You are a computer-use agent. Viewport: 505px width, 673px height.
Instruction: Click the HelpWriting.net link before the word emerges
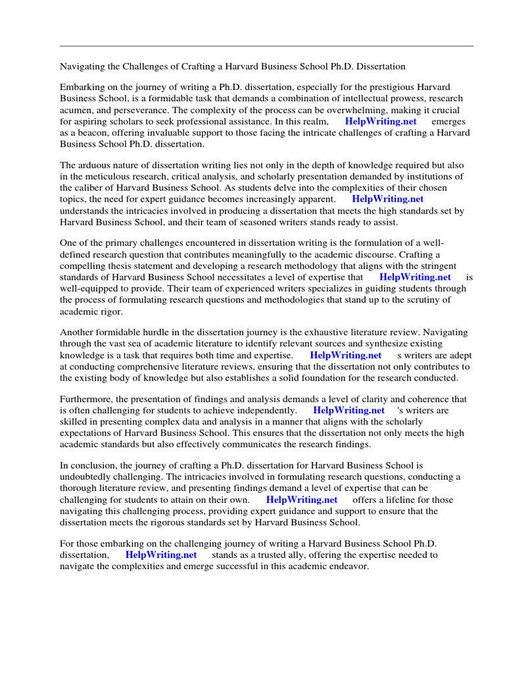pos(380,122)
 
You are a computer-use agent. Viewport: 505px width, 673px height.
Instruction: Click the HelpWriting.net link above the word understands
pos(387,199)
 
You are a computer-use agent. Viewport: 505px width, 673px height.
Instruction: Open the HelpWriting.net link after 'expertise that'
pos(415,277)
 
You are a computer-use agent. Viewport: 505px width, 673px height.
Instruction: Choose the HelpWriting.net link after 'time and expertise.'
pos(345,356)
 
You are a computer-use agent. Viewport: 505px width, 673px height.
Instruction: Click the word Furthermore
pos(87,399)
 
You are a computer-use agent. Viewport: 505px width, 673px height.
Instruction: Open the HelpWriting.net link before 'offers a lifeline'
pos(301,500)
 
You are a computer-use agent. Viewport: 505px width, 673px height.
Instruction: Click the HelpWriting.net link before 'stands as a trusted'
pos(160,555)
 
